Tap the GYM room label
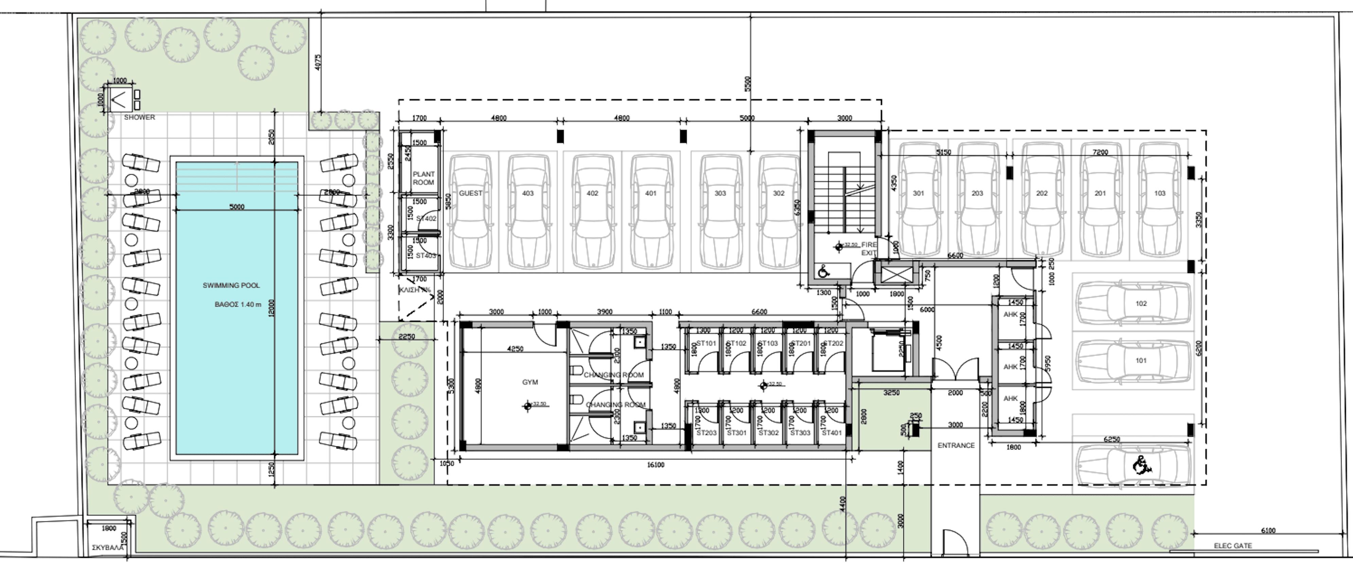(530, 382)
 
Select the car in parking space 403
(528, 210)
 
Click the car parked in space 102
(1134, 303)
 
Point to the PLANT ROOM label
(423, 178)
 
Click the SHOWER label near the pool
(139, 117)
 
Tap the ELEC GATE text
(1233, 546)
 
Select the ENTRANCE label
(956, 445)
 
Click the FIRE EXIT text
(869, 248)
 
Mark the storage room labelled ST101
(706, 343)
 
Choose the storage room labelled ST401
(832, 433)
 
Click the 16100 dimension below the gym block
(655, 465)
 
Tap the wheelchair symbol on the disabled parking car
(1140, 465)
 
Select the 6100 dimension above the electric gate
(1268, 530)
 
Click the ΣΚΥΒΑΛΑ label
(108, 547)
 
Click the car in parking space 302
(778, 210)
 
